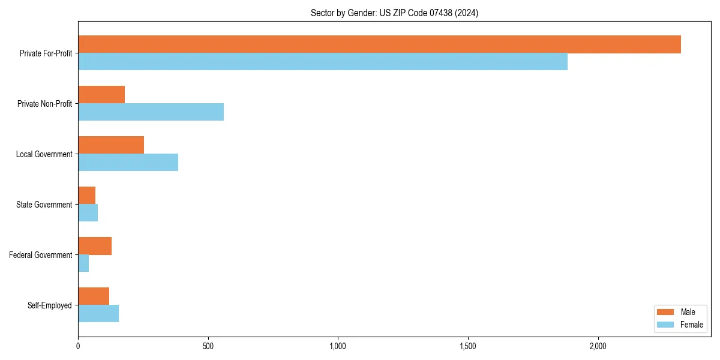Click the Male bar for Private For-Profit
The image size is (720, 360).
click(379, 44)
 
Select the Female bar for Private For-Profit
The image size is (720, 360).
click(323, 61)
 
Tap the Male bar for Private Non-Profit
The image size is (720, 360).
click(101, 95)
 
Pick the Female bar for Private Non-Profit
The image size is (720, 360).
click(151, 112)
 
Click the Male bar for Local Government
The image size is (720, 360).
click(111, 145)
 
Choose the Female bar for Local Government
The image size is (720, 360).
click(128, 162)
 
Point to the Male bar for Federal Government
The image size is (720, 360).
click(95, 246)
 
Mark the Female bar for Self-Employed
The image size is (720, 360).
click(98, 313)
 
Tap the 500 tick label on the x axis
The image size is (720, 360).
click(208, 346)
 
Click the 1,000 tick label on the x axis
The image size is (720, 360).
click(338, 346)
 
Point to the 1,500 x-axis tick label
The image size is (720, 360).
click(468, 346)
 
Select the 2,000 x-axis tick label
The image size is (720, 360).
click(598, 346)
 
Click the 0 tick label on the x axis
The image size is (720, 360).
click(78, 346)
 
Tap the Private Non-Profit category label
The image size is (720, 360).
click(44, 104)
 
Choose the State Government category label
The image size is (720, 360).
click(44, 205)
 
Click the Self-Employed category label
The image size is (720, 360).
click(50, 305)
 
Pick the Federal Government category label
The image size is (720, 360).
click(41, 255)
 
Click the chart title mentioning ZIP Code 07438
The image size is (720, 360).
click(394, 13)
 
